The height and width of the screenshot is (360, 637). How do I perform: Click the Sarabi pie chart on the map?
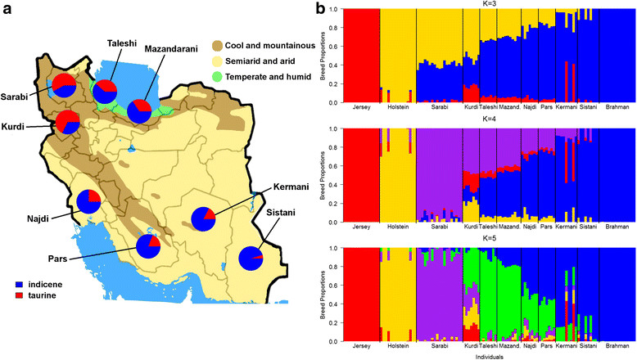click(65, 86)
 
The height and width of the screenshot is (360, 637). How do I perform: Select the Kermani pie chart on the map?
click(204, 219)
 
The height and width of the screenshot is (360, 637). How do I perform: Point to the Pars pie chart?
click(148, 247)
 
